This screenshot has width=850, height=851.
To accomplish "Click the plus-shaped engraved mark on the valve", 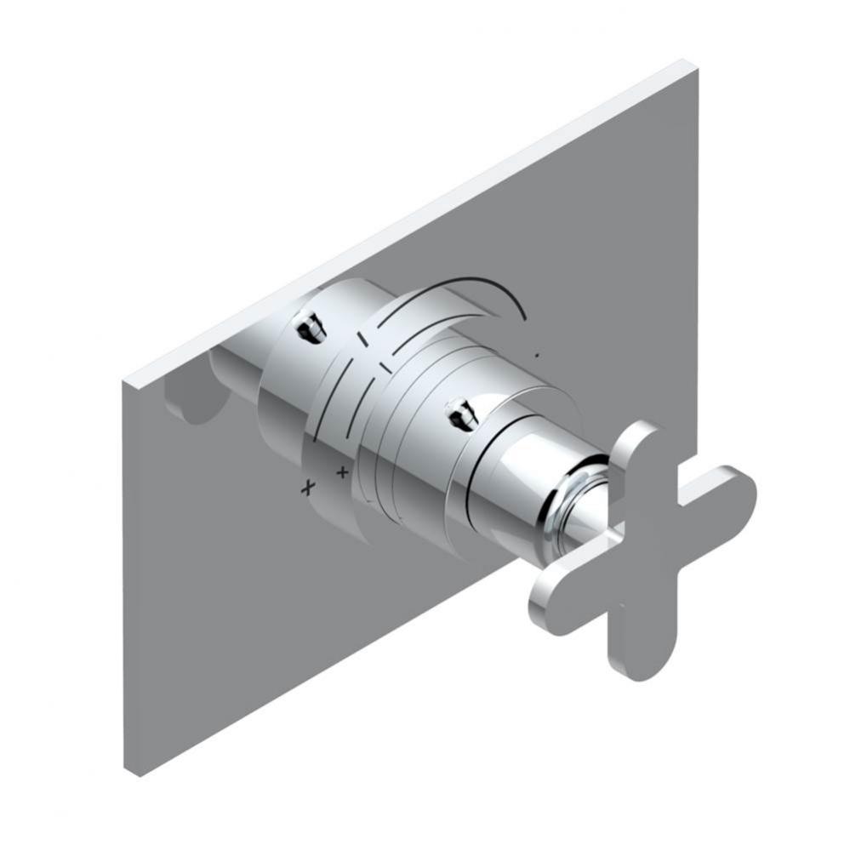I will click(343, 471).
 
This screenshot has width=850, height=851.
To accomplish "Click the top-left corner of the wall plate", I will click(124, 380).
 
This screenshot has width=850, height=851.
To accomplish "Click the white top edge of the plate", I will click(408, 221).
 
